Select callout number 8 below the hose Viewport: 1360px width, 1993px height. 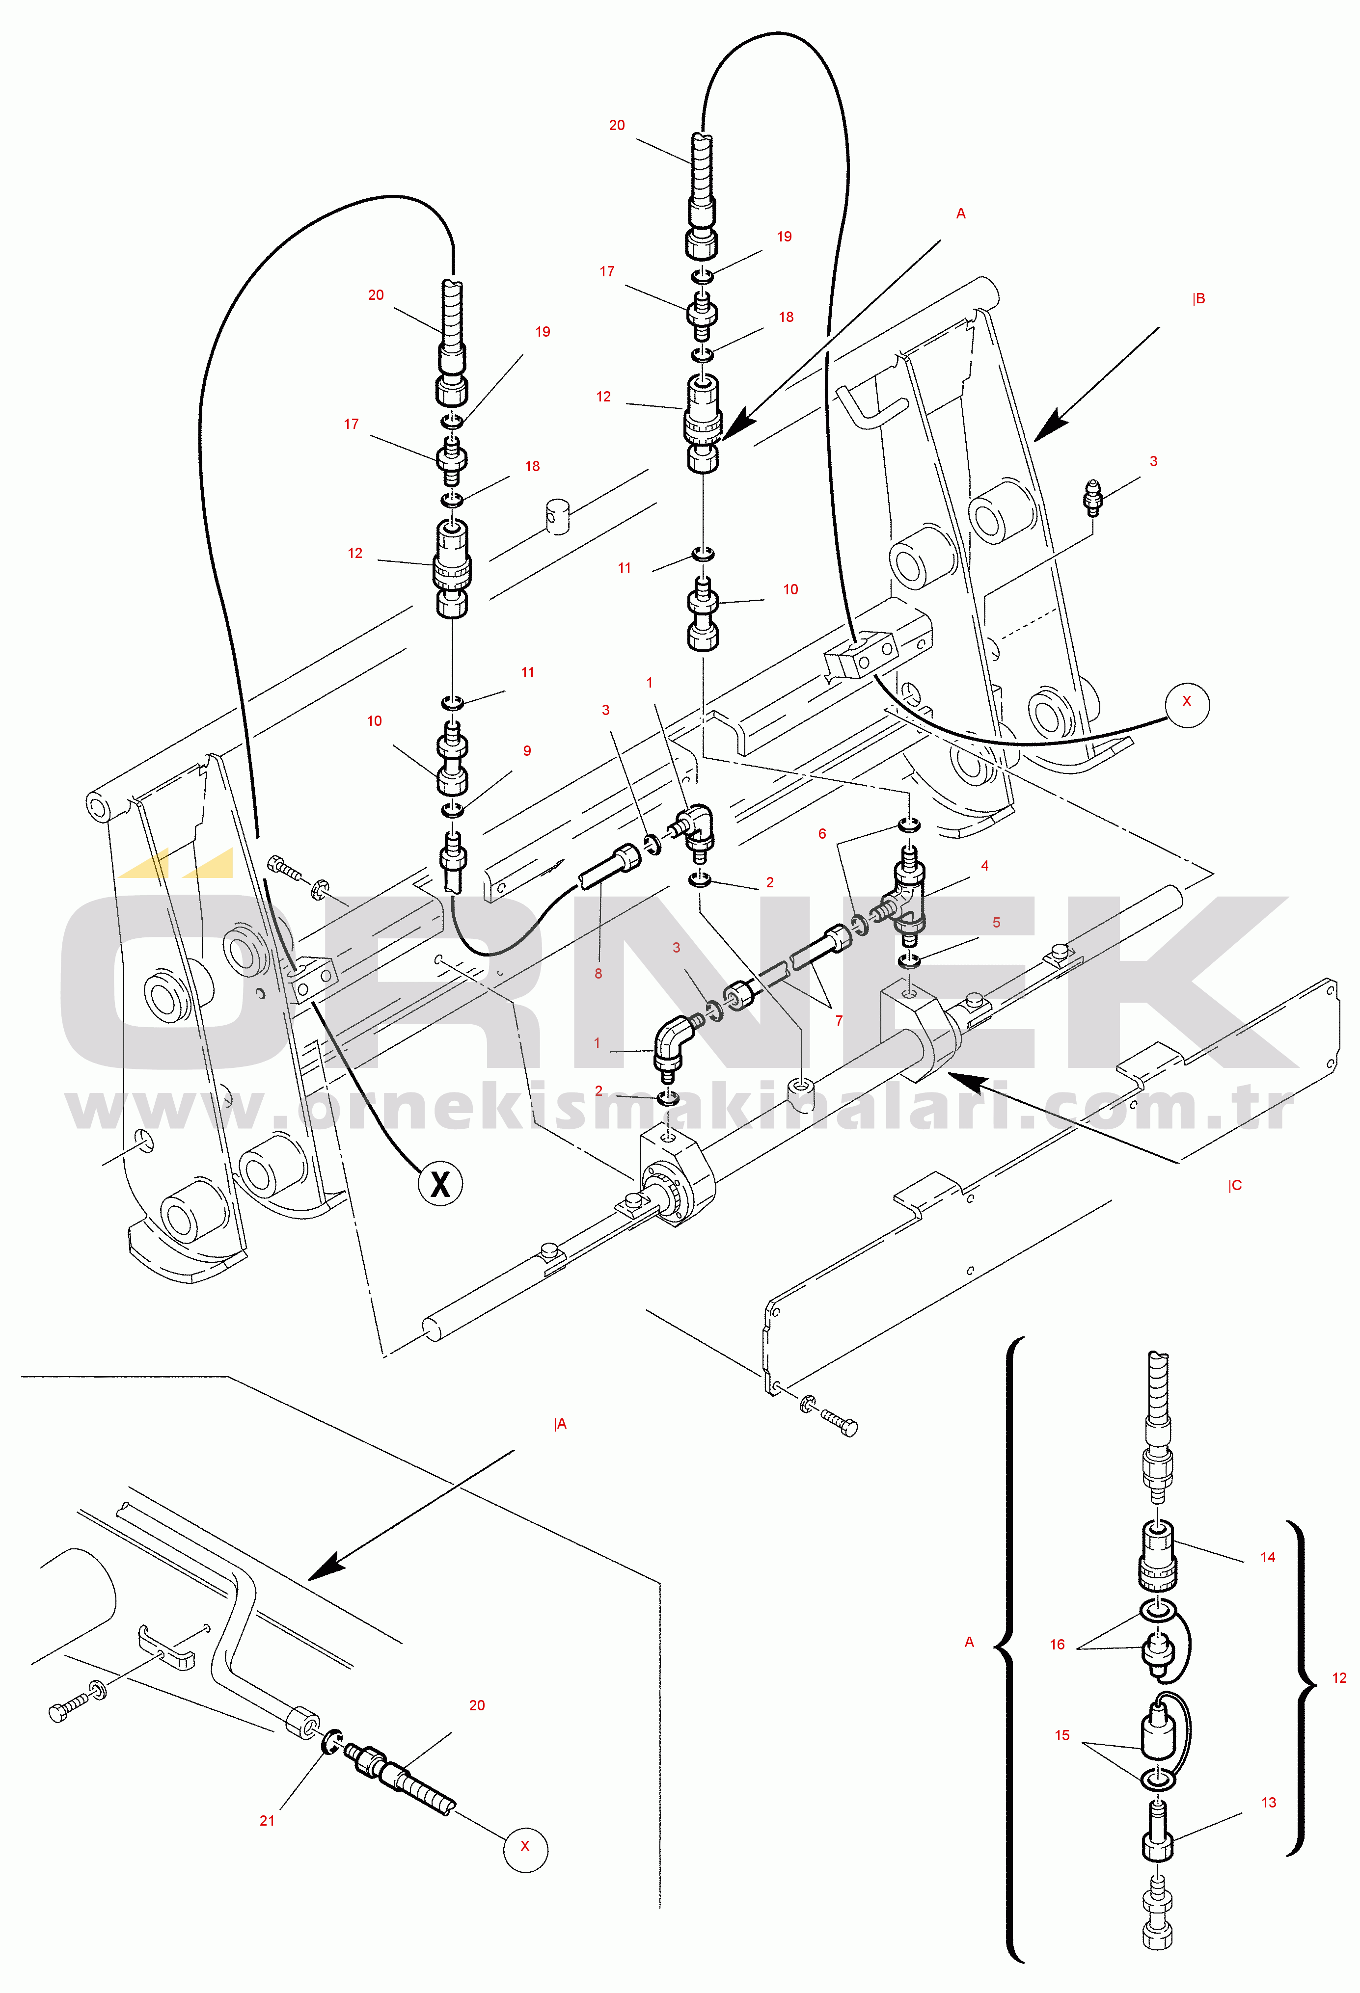598,973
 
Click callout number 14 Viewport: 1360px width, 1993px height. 1267,1557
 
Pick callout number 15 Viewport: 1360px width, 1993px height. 1061,1735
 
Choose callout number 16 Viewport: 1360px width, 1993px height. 1057,1644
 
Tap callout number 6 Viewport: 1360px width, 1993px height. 822,833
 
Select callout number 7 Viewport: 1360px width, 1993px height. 839,1020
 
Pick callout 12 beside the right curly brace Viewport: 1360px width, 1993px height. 1338,1677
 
